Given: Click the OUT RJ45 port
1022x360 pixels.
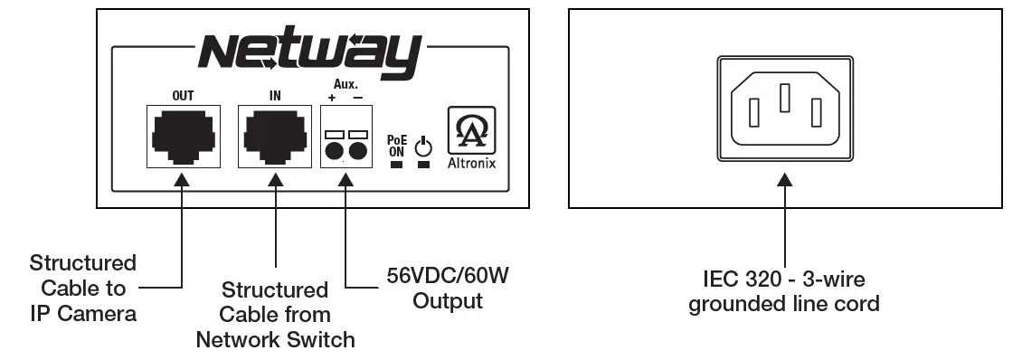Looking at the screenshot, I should pyautogui.click(x=182, y=136).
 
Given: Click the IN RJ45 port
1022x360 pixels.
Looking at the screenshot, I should pyautogui.click(x=275, y=136).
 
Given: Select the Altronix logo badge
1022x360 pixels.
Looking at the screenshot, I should pyautogui.click(x=471, y=130).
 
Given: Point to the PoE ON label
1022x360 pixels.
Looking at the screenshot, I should pyautogui.click(x=396, y=147).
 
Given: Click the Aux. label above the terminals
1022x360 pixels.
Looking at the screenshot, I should pyautogui.click(x=345, y=82).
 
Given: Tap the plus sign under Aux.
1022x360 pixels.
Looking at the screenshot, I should pyautogui.click(x=333, y=96).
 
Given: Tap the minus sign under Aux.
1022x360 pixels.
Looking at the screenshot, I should pyautogui.click(x=358, y=96).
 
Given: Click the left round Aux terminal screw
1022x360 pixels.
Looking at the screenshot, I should pyautogui.click(x=334, y=151).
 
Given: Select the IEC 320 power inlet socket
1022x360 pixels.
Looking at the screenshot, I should pyautogui.click(x=784, y=111).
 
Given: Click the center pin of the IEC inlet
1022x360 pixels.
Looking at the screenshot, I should pyautogui.click(x=785, y=99).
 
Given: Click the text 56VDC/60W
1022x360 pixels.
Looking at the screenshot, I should pyautogui.click(x=447, y=274).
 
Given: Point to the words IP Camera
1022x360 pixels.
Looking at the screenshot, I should pyautogui.click(x=82, y=314).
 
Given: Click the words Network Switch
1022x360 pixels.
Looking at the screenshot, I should pyautogui.click(x=275, y=340).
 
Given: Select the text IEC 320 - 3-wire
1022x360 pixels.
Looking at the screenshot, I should pyautogui.click(x=783, y=279).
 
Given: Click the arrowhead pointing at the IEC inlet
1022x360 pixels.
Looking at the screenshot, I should pyautogui.click(x=784, y=180).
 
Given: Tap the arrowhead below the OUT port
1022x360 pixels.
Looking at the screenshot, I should pyautogui.click(x=182, y=180).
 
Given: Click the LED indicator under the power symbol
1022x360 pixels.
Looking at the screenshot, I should pyautogui.click(x=423, y=165).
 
